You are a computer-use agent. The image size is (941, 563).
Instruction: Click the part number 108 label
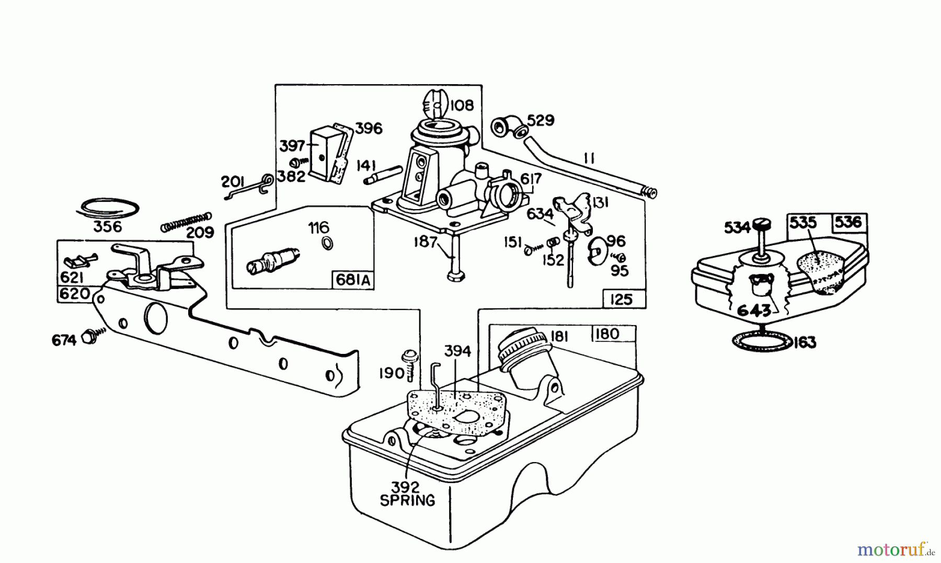(x=461, y=105)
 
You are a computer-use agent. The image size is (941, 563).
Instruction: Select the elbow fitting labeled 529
(x=506, y=127)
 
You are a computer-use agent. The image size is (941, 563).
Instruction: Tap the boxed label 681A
(x=353, y=281)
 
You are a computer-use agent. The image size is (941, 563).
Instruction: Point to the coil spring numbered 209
(x=186, y=222)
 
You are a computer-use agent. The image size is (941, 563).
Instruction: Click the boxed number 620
(x=75, y=294)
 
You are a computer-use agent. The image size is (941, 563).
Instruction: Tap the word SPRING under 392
(x=407, y=500)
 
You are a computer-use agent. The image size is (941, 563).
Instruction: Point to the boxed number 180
(x=607, y=334)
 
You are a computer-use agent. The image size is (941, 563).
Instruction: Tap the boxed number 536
(x=848, y=222)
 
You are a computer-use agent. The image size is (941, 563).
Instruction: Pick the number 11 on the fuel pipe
(x=589, y=158)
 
